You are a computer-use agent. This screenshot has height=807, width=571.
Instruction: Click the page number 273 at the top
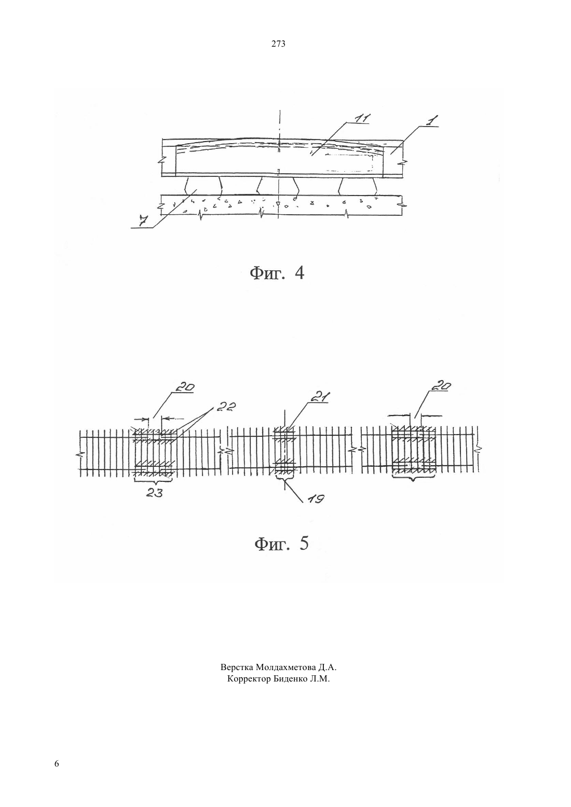(x=278, y=44)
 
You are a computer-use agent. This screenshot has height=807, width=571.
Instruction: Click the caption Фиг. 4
(x=277, y=273)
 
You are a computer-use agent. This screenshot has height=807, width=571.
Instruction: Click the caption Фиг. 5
(x=281, y=544)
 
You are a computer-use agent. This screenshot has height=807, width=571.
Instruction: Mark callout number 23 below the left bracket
(x=154, y=493)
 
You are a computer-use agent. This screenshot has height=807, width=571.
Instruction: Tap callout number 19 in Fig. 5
(x=316, y=499)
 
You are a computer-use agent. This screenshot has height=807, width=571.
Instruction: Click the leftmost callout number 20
(x=185, y=387)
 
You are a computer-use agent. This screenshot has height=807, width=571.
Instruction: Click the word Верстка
(x=237, y=667)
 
